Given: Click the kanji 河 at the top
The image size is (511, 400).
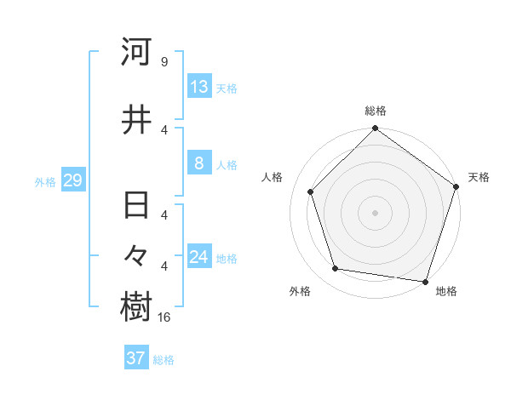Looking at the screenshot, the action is [x=137, y=53].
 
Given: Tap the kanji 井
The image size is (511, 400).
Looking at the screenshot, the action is [x=137, y=120].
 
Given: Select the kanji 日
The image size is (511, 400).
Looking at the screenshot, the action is [x=137, y=206].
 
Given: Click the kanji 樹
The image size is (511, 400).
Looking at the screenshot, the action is [x=137, y=308].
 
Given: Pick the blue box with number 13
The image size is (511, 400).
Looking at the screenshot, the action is [x=198, y=87].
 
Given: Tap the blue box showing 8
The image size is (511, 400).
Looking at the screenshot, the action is [x=198, y=163].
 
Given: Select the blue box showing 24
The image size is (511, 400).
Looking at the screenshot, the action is [x=198, y=257].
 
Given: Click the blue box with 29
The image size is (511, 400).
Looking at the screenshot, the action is [x=72, y=180].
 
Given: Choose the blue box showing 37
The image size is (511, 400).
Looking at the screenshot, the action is [x=136, y=358].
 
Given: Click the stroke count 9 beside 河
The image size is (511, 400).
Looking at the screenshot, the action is [x=164, y=62].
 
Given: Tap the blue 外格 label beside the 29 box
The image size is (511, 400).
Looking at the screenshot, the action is [x=45, y=181].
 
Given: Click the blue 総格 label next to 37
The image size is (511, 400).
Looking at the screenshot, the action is [x=164, y=360].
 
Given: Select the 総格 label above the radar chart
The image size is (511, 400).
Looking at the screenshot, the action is [x=376, y=111].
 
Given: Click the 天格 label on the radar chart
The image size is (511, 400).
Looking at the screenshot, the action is [x=479, y=177].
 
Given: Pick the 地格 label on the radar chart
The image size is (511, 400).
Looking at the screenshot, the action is [x=446, y=291].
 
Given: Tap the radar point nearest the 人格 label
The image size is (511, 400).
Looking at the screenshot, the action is [x=311, y=191].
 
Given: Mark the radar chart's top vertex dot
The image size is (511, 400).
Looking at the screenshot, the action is [x=376, y=129].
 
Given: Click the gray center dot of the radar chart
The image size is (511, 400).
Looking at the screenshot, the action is [x=376, y=212].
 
